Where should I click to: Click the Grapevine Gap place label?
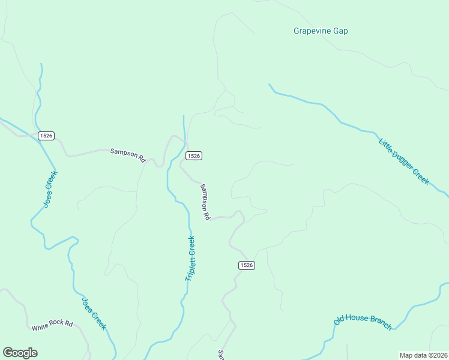pyautogui.click(x=321, y=31)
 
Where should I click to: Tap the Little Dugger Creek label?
pyautogui.click(x=404, y=161)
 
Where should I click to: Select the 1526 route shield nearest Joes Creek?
pyautogui.click(x=46, y=136)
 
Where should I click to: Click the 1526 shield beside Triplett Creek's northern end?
pyautogui.click(x=193, y=156)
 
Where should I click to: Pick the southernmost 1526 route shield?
pyautogui.click(x=246, y=265)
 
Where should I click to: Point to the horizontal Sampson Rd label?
pyautogui.click(x=128, y=155)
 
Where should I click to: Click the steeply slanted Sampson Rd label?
pyautogui.click(x=205, y=201)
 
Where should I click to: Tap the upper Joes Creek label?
pyautogui.click(x=50, y=189)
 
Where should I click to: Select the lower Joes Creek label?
pyautogui.click(x=94, y=313)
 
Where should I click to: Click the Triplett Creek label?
pyautogui.click(x=190, y=259)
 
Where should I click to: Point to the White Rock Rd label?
pyautogui.click(x=52, y=325)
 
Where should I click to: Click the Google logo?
pyautogui.click(x=20, y=353)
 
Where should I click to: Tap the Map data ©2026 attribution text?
pyautogui.click(x=424, y=355)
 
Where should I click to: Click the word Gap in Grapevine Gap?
pyautogui.click(x=340, y=31)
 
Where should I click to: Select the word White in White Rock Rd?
pyautogui.click(x=40, y=328)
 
